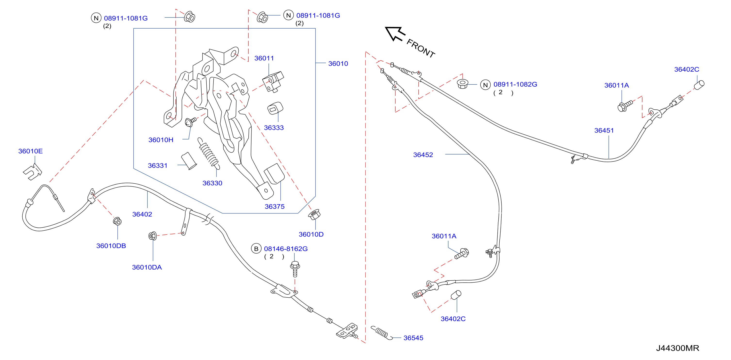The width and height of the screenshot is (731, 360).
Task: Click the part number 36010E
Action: tap(30, 151)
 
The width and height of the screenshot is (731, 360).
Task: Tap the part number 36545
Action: tap(413, 338)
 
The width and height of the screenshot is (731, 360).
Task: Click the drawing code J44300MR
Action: tap(677, 348)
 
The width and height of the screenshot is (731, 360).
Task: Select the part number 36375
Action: tap(274, 206)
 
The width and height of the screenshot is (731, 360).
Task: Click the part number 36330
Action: tap(212, 183)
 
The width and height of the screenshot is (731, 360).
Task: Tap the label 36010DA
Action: tap(147, 267)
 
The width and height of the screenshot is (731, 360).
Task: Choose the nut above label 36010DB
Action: tap(117, 221)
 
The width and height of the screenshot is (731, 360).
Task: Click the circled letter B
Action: tap(256, 249)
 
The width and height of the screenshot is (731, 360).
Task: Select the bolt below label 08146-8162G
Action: tap(295, 269)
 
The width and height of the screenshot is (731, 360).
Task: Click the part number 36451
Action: tap(604, 130)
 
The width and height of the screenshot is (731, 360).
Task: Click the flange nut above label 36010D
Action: tap(314, 214)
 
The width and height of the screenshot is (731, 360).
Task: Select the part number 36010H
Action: tap(161, 140)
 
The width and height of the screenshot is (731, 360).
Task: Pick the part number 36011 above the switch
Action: tap(264, 58)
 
